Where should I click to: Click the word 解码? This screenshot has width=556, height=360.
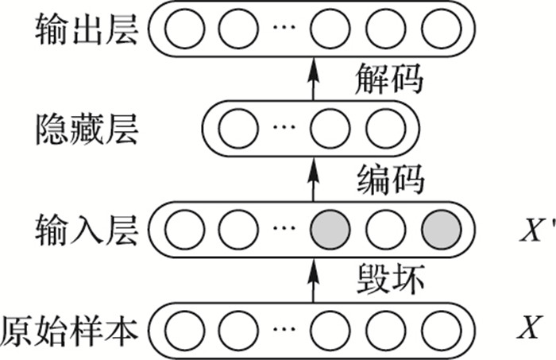[388, 79]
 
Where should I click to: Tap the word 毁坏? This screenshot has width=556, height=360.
[388, 278]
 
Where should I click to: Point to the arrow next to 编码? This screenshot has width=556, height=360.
[311, 177]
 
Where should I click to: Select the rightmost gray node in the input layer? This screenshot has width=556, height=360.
[441, 228]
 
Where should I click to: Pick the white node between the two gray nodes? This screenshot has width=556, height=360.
[385, 228]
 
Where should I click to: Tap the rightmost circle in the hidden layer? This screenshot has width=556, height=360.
[385, 128]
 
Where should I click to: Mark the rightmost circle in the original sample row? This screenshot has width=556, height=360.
[441, 327]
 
